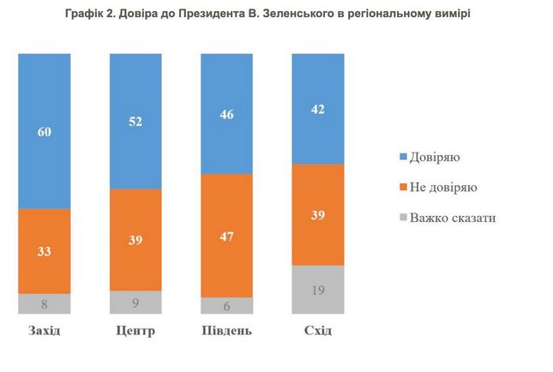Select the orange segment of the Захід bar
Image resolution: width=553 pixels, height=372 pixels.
45,250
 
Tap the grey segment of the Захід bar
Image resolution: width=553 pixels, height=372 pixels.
45,303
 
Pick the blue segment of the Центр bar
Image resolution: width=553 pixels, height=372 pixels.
135,120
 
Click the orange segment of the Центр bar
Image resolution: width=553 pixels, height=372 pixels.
135,239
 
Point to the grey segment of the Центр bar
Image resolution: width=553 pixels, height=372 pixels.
135,302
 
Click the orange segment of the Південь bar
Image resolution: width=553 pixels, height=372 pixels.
226,235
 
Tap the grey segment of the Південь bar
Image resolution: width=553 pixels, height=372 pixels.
226,305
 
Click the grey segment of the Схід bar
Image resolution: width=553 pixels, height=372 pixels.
318,290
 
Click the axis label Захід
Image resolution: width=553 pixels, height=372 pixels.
44,331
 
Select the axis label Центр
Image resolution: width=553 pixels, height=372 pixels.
135,331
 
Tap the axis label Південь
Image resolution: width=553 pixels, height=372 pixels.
227,331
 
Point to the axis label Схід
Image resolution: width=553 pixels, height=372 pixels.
317,331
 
